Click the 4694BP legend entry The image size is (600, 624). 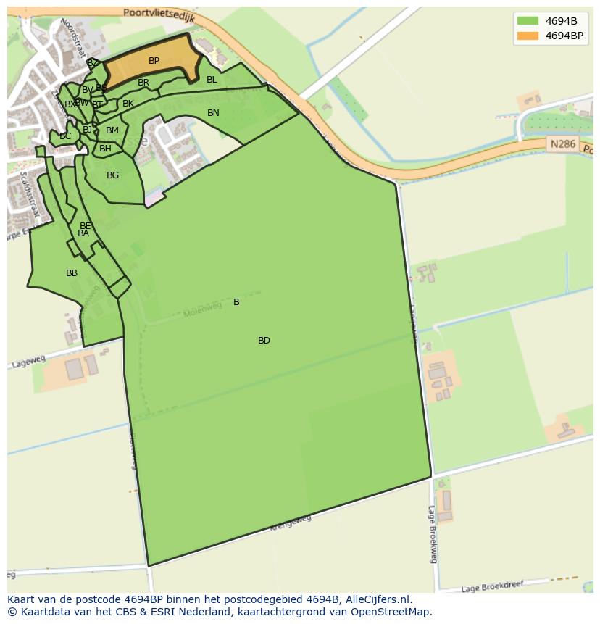(x=550, y=35)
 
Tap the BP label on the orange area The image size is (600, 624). (x=154, y=61)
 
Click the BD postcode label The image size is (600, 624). (x=264, y=341)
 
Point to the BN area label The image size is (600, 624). (x=213, y=113)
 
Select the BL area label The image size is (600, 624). (x=212, y=80)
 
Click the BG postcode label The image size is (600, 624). (x=112, y=175)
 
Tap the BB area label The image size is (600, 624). (x=72, y=273)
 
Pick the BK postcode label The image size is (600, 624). (x=128, y=104)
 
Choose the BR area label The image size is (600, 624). (x=143, y=83)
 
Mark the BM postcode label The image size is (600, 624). (x=112, y=130)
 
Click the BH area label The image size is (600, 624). (x=105, y=149)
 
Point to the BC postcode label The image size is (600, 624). (x=65, y=136)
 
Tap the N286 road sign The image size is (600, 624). (x=562, y=144)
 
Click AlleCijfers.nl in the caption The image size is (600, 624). (x=377, y=599)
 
